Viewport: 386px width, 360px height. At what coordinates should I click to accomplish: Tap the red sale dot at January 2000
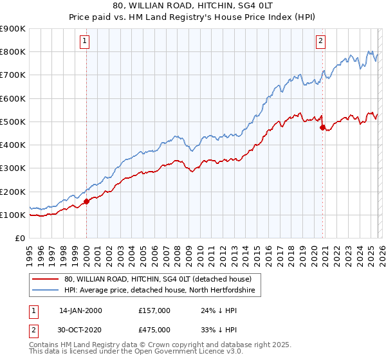coord(86,201)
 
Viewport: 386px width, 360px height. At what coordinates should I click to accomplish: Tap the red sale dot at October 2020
coord(322,127)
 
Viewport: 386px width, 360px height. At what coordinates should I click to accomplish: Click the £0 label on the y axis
coord(19,239)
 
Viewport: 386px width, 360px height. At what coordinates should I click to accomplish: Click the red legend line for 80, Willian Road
coord(46,279)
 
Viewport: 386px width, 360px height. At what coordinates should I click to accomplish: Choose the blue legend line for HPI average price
coord(46,291)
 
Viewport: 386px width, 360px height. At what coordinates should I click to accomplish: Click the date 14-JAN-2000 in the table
coord(80,310)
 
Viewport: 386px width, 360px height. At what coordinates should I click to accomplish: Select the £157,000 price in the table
coord(154,310)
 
